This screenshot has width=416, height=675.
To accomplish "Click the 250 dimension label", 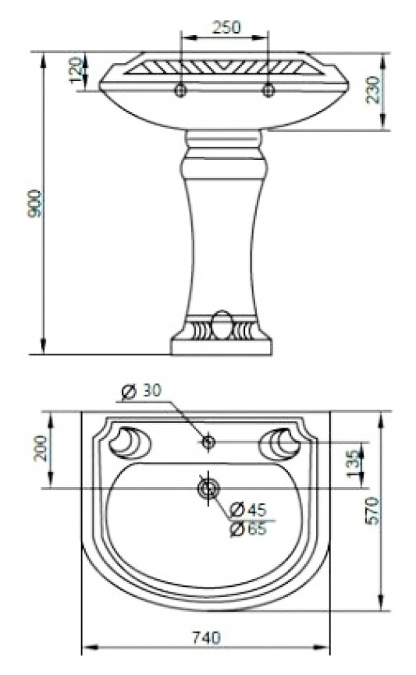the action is click(x=226, y=27).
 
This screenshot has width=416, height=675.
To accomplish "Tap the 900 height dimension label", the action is click(x=34, y=203).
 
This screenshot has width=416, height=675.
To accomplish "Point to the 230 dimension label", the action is click(x=373, y=90).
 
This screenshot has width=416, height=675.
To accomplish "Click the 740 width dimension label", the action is click(x=206, y=637).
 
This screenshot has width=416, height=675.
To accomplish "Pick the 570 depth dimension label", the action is click(x=372, y=510).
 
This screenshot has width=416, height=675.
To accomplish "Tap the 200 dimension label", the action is click(x=41, y=448).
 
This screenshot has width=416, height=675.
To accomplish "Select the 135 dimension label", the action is click(x=353, y=464).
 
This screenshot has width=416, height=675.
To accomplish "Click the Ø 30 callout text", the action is click(x=141, y=391).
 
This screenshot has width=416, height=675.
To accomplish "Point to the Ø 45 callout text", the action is click(x=248, y=510).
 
